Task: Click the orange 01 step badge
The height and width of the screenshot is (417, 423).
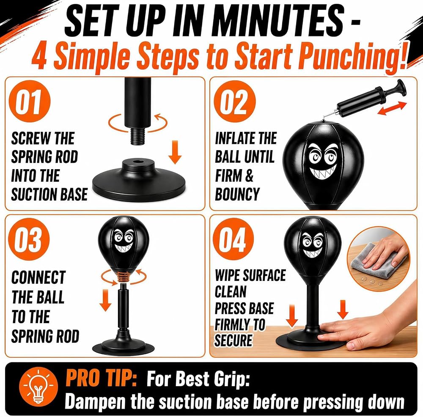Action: pos(30,102)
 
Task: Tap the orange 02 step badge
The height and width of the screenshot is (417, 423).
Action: pos(235,102)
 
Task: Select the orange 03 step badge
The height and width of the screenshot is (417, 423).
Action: pos(29,239)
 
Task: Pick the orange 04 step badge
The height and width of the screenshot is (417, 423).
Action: pos(233,239)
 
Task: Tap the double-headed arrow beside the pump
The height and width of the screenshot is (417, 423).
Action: pos(392,108)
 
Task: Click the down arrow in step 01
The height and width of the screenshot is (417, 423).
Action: pos(175,152)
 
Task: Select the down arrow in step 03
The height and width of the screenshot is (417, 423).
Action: pos(105,300)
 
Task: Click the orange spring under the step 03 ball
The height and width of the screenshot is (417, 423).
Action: pos(124,277)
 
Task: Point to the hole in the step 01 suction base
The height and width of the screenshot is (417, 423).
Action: pos(138,162)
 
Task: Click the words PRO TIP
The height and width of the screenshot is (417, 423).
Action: pos(101,378)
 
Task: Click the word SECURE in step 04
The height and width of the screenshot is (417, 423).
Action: pos(233,340)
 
